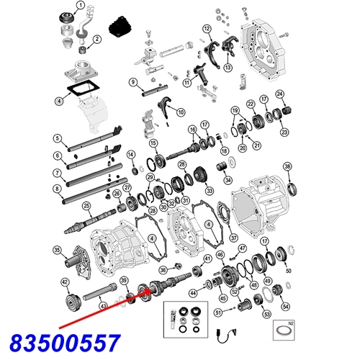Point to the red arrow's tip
153,289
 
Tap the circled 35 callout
57,251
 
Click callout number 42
65,282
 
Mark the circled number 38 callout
288,168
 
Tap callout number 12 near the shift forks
206,29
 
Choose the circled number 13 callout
227,68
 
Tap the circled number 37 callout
233,238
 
